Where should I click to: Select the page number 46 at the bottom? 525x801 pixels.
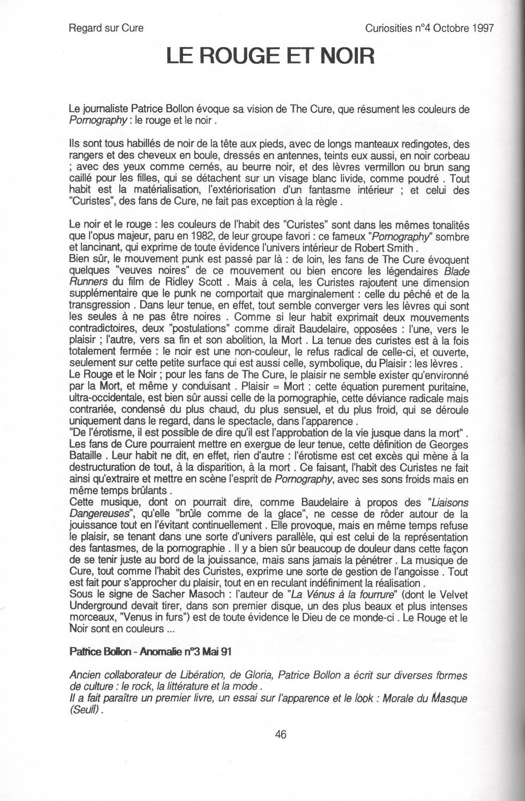point(280,734)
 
